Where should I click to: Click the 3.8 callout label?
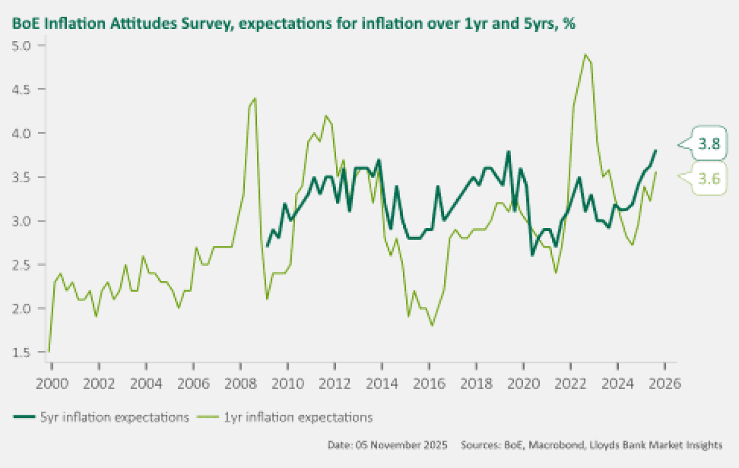[709, 145]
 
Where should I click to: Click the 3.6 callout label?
[709, 179]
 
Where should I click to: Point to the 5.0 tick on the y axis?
[24, 45]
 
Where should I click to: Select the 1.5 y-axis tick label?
[24, 352]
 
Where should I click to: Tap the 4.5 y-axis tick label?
[24, 89]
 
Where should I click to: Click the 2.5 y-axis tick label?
[24, 264]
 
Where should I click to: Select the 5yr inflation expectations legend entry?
[101, 417]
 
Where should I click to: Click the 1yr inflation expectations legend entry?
[285, 417]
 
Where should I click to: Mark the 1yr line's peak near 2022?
[585, 55]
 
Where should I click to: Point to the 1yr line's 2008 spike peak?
[255, 99]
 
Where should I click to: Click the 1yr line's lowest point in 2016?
[432, 325]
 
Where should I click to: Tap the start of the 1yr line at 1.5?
[49, 351]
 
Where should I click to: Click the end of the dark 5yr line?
[656, 151]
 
